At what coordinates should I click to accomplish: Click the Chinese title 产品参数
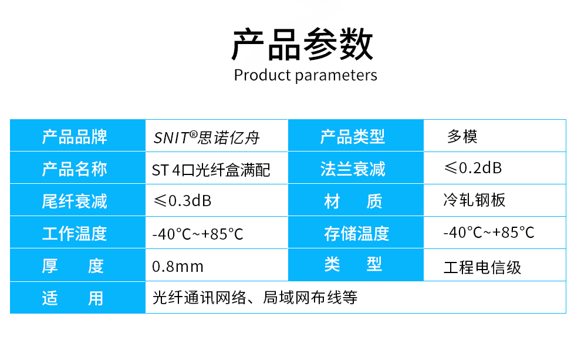302,44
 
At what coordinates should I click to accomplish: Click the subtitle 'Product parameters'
305,75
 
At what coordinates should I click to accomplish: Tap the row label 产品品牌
75,137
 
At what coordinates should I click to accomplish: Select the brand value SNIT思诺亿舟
207,137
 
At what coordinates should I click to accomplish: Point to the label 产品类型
352,137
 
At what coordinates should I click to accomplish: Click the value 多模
462,136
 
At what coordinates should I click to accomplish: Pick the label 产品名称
75,169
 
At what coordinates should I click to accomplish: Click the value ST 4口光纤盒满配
211,170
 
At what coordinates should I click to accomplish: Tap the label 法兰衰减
353,169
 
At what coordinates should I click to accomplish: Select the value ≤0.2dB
473,168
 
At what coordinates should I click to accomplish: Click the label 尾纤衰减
75,201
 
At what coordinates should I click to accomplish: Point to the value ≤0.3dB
183,201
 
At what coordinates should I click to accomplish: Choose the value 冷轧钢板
474,200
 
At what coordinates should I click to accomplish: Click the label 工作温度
75,234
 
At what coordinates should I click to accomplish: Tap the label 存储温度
356,234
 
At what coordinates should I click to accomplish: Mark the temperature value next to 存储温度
489,233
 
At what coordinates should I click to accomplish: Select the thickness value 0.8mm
178,267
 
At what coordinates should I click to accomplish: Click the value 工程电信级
482,267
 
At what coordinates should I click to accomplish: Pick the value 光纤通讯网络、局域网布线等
255,297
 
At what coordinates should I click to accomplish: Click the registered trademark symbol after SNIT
194,134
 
